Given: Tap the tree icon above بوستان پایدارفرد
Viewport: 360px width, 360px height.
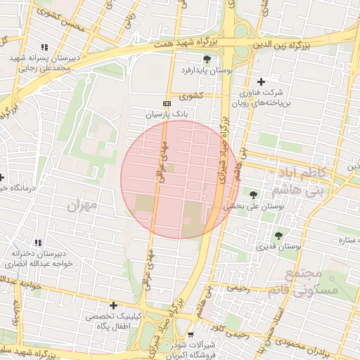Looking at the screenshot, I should click(207, 59).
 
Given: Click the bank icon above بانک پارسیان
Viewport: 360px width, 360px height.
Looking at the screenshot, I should click(167, 103).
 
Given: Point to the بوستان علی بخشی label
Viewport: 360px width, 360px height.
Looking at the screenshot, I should click(252, 207).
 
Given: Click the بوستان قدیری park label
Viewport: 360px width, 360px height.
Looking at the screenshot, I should click(278, 247).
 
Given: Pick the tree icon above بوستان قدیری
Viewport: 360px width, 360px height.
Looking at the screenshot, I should click(278, 235).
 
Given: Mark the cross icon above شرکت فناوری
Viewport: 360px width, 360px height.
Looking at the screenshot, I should click(262, 82).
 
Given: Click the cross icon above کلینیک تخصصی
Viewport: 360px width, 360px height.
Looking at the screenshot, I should click(113, 305).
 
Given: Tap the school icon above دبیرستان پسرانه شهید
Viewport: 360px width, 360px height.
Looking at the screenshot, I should click(46, 46).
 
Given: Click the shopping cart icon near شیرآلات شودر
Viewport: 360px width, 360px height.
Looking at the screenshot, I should click(191, 335).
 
